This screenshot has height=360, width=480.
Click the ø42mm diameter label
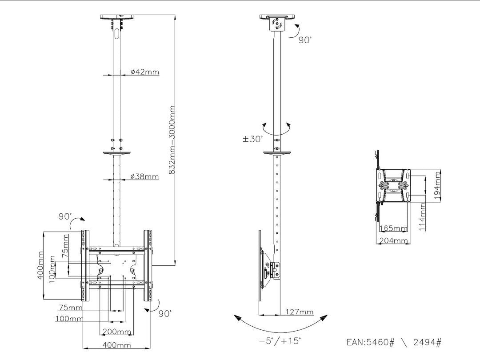[145, 72]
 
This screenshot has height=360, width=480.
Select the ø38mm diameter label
[145, 176]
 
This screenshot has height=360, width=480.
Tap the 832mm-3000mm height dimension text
[172, 139]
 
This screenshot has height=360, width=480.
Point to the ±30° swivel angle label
[252, 138]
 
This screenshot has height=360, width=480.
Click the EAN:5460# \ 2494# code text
[394, 343]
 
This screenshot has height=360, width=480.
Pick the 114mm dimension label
[423, 216]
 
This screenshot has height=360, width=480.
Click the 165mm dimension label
[394, 229]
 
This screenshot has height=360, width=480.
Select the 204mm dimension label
[393, 240]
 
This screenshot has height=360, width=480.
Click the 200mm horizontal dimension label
[117, 332]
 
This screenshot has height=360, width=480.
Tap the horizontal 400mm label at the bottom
[117, 345]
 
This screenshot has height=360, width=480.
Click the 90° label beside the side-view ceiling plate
[305, 40]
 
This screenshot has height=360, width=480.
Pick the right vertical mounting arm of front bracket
[148, 267]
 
